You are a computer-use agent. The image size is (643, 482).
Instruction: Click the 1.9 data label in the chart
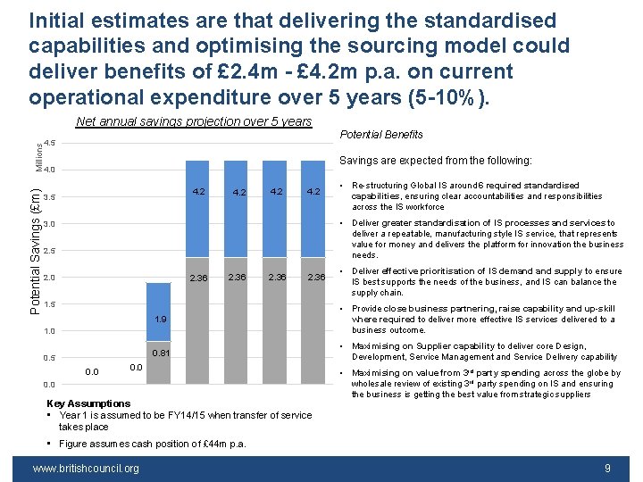[160, 320]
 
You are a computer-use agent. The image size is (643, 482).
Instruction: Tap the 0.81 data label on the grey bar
[160, 353]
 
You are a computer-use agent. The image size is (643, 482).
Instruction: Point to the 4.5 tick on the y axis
[49, 143]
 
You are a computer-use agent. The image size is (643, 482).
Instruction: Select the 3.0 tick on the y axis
[49, 223]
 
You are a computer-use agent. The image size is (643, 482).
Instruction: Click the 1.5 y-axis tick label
[49, 304]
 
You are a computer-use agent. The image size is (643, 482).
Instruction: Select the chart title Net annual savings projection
[194, 121]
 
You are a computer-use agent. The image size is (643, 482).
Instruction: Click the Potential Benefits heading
[381, 135]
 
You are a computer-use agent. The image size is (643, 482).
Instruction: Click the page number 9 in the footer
[607, 468]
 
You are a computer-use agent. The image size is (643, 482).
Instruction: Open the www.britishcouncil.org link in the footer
[86, 468]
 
